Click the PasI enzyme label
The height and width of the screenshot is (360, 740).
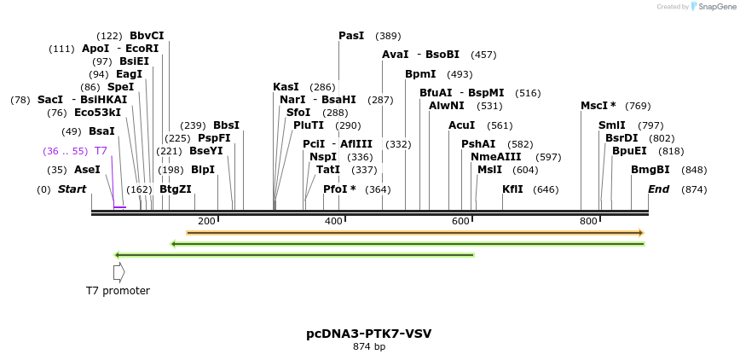[x=351, y=36]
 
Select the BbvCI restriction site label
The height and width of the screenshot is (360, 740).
[x=147, y=36]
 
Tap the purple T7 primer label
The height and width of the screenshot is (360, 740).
[x=101, y=151]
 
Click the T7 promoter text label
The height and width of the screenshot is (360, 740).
[x=118, y=291]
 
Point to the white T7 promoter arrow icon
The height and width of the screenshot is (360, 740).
[x=119, y=272]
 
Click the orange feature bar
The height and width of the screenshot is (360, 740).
[x=414, y=232]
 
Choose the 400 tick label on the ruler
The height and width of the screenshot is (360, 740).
[x=333, y=222]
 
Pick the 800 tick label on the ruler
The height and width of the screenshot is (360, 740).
[x=588, y=222]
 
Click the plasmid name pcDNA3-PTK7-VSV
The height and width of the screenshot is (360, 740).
[x=369, y=334]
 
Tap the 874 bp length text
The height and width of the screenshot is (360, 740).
[x=369, y=347]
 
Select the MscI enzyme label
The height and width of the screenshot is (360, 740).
[x=598, y=106]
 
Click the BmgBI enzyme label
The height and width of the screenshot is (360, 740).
[x=650, y=170]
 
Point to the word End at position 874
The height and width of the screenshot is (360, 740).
[x=658, y=189]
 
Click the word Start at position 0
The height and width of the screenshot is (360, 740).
[x=72, y=189]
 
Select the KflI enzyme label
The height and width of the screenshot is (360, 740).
[x=512, y=189]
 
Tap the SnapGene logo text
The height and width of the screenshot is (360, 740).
[x=712, y=7]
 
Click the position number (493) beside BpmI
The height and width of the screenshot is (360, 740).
[x=460, y=74]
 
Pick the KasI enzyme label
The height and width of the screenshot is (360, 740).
[x=286, y=87]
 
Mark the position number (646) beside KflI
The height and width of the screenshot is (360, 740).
[x=546, y=189]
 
